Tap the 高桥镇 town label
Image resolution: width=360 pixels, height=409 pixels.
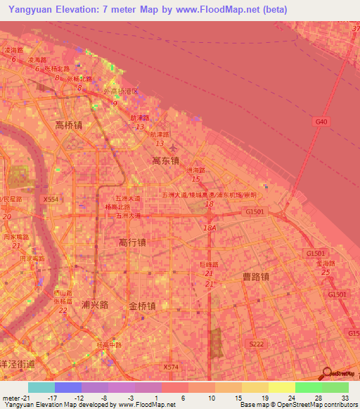[x=69, y=125]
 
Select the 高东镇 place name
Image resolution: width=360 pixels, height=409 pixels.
[x=166, y=160]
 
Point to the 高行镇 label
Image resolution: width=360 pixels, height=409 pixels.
[x=132, y=242]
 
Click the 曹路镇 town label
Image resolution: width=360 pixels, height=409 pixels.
[x=255, y=277]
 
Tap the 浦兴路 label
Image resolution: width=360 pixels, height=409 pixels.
[x=95, y=305]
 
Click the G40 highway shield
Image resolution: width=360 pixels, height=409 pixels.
[x=321, y=122]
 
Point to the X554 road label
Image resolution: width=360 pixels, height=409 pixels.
[x=51, y=200]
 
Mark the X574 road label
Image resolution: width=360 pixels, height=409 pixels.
[x=171, y=367]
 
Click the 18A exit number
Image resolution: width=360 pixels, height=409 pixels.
[x=209, y=228]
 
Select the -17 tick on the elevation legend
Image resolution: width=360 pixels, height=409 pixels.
[x=54, y=398]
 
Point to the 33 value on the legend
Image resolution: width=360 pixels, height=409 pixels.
[x=345, y=398]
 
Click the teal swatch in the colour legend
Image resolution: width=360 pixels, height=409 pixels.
[x=41, y=387]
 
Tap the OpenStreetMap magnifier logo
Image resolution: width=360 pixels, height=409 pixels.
[x=327, y=374]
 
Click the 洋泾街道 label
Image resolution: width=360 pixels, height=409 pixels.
[x=17, y=363]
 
